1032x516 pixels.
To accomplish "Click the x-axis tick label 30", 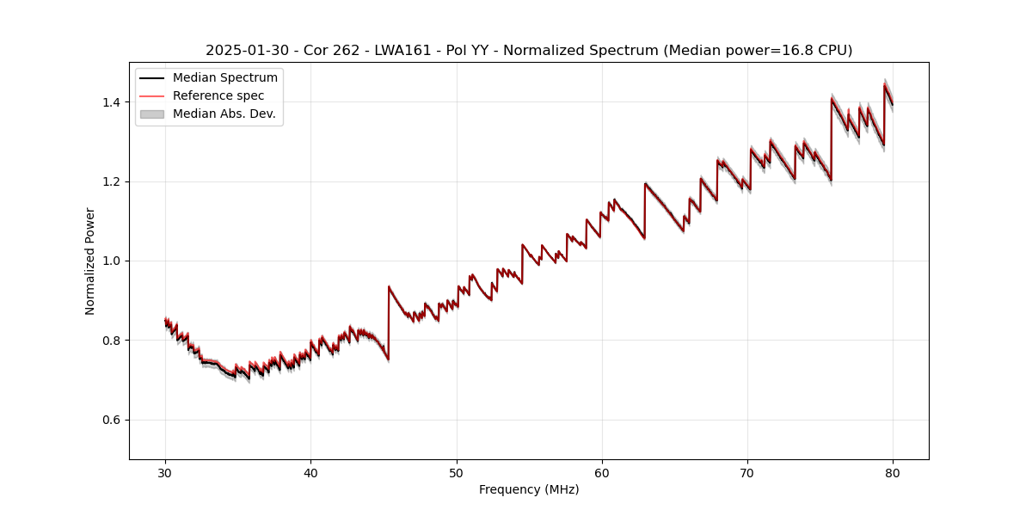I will pyautogui.click(x=165, y=472).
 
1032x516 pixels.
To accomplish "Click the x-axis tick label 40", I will pyautogui.click(x=310, y=472).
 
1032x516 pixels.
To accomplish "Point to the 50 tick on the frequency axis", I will pyautogui.click(x=457, y=472).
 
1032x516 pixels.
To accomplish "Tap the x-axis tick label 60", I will pyautogui.click(x=602, y=472).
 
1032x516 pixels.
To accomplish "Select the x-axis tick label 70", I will pyautogui.click(x=747, y=472).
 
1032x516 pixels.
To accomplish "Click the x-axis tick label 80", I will pyautogui.click(x=893, y=472).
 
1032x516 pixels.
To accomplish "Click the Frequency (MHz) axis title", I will pyautogui.click(x=529, y=489).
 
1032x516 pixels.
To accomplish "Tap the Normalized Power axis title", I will pyautogui.click(x=90, y=261).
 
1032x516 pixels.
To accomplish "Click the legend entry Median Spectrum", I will pyautogui.click(x=224, y=78).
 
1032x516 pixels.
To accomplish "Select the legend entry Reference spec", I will pyautogui.click(x=218, y=95).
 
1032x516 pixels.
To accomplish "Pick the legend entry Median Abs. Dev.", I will pyautogui.click(x=224, y=114).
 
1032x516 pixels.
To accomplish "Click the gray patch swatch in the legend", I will pyautogui.click(x=151, y=114).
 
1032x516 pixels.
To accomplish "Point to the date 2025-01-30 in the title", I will pyautogui.click(x=245, y=51).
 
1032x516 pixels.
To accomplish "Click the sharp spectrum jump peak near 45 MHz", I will pyautogui.click(x=389, y=287).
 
